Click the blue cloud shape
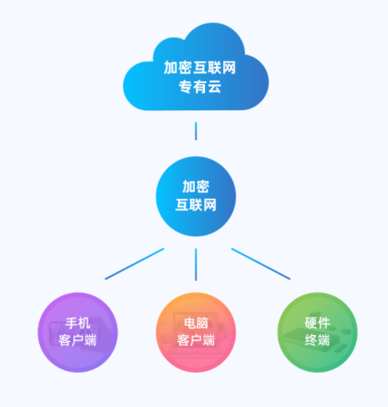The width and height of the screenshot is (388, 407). [196, 67]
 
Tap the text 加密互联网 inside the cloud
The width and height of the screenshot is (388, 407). [199, 67]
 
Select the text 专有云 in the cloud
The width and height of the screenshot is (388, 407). [200, 87]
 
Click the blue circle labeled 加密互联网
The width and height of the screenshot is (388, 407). [196, 196]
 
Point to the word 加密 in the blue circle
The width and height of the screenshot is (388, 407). [196, 186]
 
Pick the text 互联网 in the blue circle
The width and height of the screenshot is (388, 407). [196, 205]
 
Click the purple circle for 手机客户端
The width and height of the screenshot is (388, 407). [77, 333]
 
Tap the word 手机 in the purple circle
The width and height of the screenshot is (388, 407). [77, 323]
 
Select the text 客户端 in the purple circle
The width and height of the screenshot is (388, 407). [77, 340]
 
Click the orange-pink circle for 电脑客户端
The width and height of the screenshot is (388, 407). [196, 333]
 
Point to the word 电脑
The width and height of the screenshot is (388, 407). [196, 323]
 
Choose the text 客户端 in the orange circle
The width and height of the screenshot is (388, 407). [196, 340]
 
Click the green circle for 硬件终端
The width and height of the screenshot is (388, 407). [318, 333]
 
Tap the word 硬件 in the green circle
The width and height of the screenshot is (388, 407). [318, 323]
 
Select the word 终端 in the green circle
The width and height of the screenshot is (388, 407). [318, 340]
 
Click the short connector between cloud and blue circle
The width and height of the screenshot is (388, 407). [196, 131]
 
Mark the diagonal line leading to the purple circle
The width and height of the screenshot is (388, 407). [135, 264]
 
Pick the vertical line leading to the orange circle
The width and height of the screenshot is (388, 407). [196, 265]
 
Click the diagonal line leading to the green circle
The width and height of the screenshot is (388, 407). [260, 264]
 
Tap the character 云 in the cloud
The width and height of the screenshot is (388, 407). [214, 87]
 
